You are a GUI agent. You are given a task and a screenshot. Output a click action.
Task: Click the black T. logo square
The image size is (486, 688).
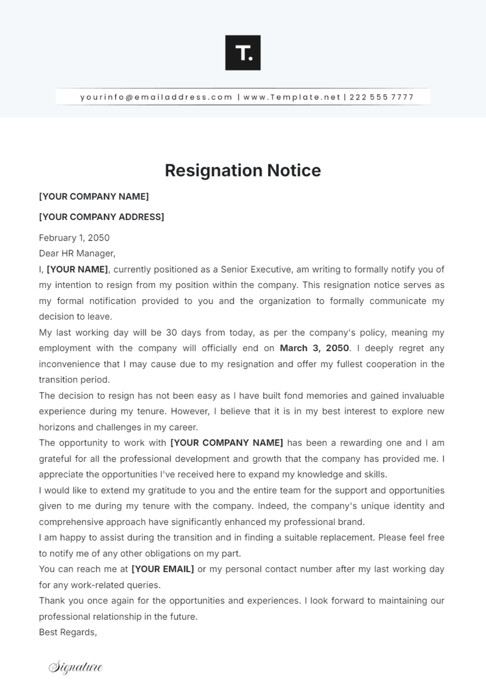pos(243,53)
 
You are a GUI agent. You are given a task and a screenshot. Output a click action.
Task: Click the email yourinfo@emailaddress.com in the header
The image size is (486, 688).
pos(156,97)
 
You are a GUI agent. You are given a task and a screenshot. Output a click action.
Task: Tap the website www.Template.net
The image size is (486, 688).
pos(291,97)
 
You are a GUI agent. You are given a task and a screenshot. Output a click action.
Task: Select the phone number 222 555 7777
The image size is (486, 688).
pos(381,97)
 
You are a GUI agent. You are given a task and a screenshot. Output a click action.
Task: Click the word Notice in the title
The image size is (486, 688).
pos(294,170)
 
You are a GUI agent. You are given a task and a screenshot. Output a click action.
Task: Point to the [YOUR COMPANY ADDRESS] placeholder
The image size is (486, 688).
pos(101,217)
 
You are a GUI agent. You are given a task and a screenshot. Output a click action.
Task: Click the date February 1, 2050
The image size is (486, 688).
pos(74,238)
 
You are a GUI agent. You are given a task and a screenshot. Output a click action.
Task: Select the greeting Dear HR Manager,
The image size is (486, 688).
pos(77,253)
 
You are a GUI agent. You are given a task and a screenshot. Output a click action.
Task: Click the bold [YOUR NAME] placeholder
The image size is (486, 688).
pos(77,270)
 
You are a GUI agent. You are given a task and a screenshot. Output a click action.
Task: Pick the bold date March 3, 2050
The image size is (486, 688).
pos(314,348)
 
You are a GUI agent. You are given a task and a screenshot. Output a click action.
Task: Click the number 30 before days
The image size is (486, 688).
pos(171,333)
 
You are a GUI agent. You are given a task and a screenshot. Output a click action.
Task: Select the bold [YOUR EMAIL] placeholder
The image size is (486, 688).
pos(163,569)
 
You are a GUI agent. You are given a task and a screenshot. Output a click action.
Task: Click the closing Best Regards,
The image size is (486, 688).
pos(68,632)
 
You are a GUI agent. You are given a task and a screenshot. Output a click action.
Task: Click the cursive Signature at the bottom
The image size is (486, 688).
pos(76,667)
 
